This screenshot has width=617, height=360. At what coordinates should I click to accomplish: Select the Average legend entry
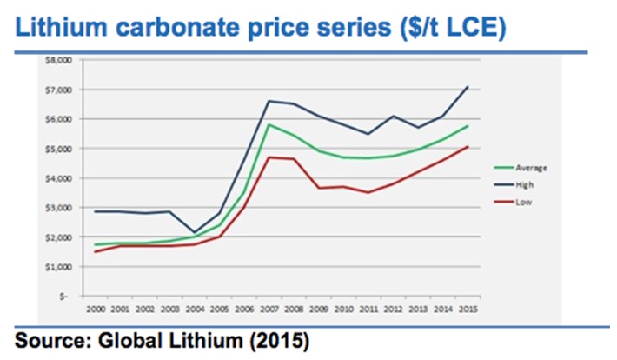[x=532, y=168]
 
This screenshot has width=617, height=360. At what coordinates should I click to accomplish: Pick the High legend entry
[x=527, y=184]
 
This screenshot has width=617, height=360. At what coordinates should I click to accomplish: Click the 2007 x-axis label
[x=271, y=309]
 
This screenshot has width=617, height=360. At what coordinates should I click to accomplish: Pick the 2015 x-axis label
[x=469, y=309]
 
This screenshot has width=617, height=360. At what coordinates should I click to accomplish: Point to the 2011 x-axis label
[x=370, y=309]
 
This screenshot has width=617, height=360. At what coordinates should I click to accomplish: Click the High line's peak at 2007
[x=269, y=101]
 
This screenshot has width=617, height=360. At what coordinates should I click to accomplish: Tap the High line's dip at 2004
[x=196, y=232]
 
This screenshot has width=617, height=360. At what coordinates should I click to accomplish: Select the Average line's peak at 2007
[x=269, y=124]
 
